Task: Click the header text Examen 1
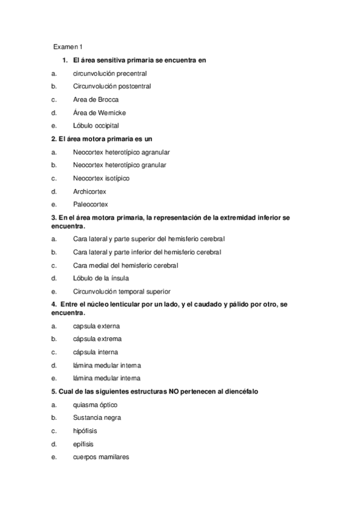click(68, 46)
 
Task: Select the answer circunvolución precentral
click(109, 73)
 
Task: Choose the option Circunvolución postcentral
click(112, 87)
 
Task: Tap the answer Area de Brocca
click(96, 100)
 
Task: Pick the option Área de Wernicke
click(99, 113)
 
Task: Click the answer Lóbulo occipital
click(96, 126)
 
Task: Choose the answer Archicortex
click(90, 192)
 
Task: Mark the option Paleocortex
click(90, 205)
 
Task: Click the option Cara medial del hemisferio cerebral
click(125, 265)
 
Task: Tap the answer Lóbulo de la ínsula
click(100, 278)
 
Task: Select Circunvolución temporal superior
click(121, 292)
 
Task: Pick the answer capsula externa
click(96, 326)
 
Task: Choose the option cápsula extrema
click(97, 339)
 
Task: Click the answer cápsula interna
click(95, 352)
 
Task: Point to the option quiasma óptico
click(95, 405)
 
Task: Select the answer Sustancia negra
click(97, 417)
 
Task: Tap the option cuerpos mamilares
click(100, 457)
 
